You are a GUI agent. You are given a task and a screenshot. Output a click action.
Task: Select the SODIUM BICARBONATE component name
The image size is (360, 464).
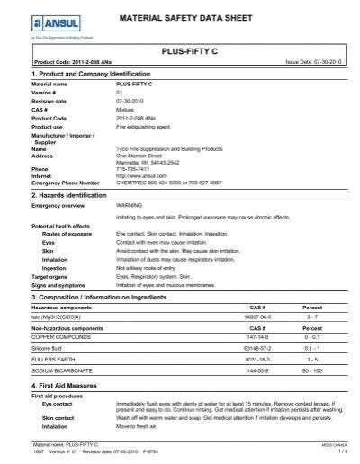pos(64,346)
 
